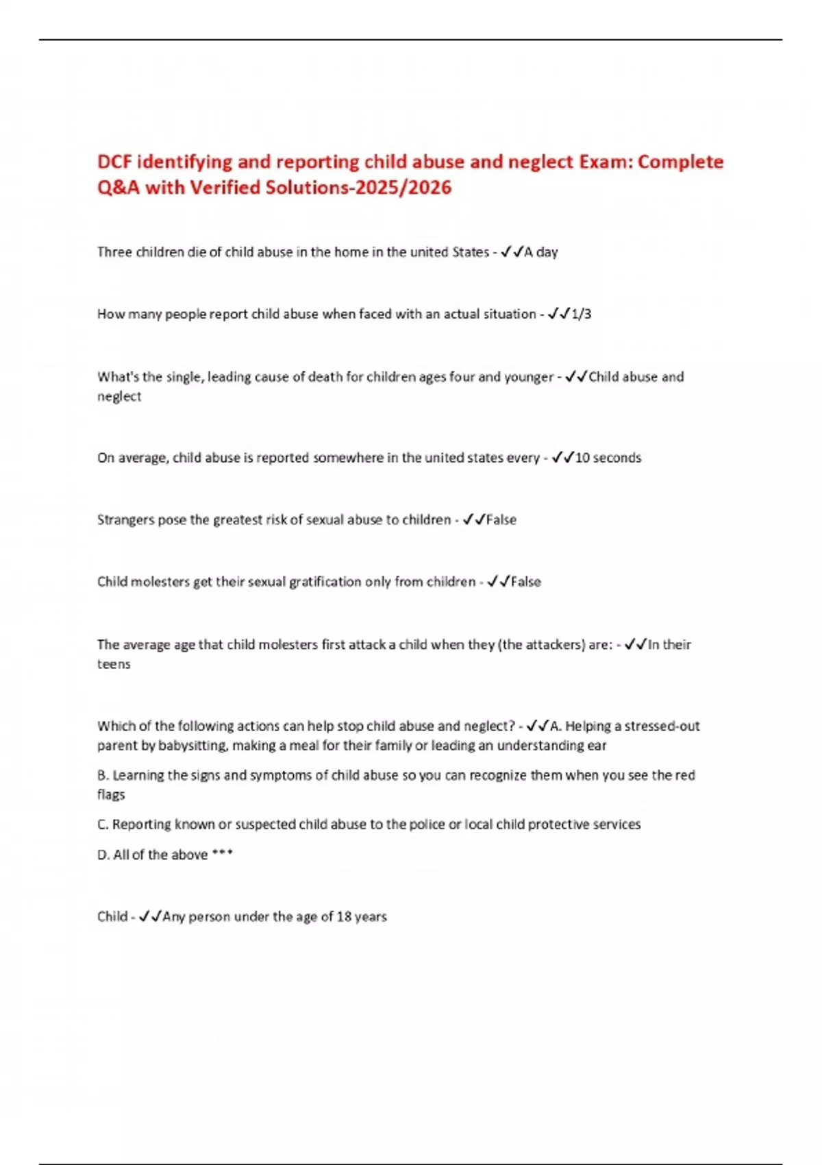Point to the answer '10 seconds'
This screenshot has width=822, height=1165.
pos(608,458)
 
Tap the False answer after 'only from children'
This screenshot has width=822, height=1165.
pos(525,582)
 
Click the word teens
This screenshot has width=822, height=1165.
pos(113,664)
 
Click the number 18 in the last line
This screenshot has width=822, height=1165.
pos(343,917)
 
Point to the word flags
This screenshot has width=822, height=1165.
pos(111,795)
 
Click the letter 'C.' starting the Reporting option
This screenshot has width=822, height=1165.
pos(103,824)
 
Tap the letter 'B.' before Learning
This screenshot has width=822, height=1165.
pos(103,775)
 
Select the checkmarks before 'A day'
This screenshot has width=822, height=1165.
pos(512,252)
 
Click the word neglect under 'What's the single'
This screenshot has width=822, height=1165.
pos(119,397)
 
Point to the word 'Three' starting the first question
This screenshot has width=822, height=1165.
pos(114,252)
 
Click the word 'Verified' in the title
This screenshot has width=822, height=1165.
pos(225,187)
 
